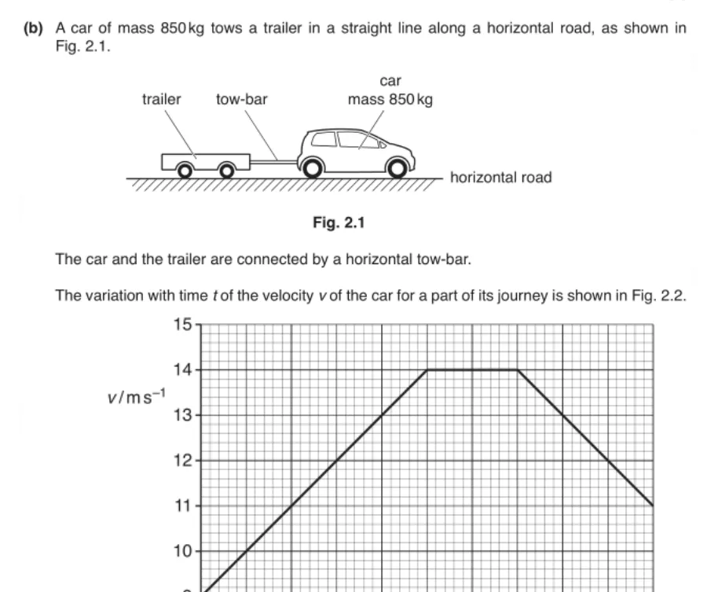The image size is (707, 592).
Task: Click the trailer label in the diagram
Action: click(161, 100)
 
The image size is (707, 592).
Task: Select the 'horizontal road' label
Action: click(500, 178)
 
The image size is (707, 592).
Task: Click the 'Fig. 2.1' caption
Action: click(338, 223)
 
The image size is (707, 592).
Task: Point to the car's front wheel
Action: click(398, 168)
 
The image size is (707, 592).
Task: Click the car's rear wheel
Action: click(311, 168)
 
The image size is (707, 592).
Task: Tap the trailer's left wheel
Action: click(185, 169)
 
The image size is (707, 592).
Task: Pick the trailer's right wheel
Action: click(226, 169)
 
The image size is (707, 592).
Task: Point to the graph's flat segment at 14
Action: click(472, 370)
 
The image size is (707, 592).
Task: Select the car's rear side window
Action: click(324, 139)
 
